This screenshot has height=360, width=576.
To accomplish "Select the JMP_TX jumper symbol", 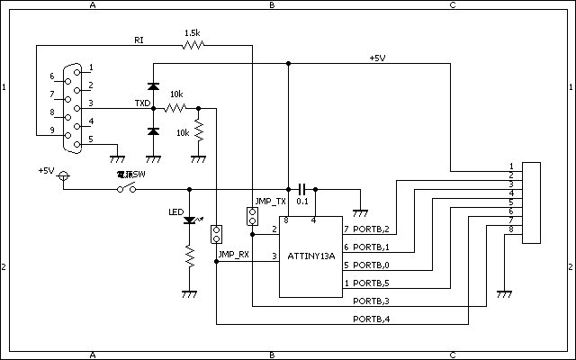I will coord(253,217).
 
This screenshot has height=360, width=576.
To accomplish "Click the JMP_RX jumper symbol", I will coord(216,236).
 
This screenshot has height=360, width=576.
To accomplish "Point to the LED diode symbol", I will coord(189,220).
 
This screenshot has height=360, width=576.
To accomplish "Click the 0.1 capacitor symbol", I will coord(302,189).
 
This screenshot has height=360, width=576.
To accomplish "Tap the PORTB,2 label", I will coord(371,229).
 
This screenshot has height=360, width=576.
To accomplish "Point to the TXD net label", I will coord(142,103).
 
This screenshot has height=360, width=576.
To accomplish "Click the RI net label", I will coord(139,40).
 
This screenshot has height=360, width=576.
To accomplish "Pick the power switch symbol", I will coord(127,188).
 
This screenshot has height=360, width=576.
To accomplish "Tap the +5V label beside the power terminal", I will coord(47,170).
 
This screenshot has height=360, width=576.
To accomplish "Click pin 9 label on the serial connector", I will coord(51,130).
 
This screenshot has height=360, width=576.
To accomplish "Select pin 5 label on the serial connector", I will coord(91,140).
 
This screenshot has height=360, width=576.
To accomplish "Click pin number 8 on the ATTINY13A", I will coord(286,220).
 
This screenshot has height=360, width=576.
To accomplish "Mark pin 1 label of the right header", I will coord(511,166).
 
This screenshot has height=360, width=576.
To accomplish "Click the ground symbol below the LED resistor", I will coord(189,292).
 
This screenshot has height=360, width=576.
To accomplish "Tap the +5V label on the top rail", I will coord(377,58).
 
